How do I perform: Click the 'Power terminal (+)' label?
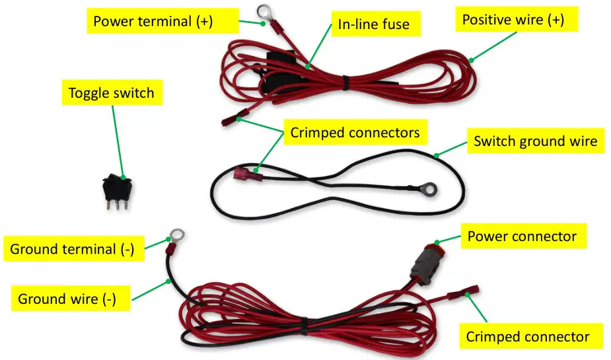pos(153,20)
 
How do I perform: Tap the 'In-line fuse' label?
pos(373,24)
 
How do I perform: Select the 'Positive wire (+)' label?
pos(513,20)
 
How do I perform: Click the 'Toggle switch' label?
pos(111,92)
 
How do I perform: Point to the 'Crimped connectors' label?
pos(355,133)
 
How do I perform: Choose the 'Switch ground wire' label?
pos(535,141)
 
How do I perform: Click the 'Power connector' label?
pos(522,236)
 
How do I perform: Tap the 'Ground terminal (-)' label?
pos(72,249)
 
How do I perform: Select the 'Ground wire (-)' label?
pos(67,299)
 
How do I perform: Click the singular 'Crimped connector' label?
pos(527,336)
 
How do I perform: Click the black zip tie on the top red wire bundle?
pos(344,82)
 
